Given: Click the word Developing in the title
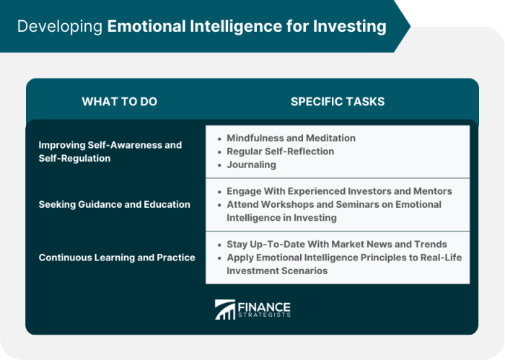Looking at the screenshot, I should tap(59, 27).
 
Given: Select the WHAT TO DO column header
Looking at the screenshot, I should tap(119, 102).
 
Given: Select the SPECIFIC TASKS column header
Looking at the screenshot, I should tap(338, 102).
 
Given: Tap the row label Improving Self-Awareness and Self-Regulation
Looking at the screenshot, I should tap(110, 152).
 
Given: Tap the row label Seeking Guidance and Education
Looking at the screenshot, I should tap(114, 204).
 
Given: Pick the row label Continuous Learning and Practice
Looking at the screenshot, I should tap(117, 257).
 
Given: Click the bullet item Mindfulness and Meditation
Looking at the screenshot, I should tap(291, 138).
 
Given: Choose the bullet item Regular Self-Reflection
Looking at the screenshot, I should tap(280, 151).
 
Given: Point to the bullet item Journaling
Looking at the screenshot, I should tap(251, 164).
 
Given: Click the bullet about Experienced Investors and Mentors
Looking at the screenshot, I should tap(339, 191).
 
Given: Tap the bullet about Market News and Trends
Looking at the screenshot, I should tap(337, 244).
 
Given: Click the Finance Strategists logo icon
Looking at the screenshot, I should tap(225, 309).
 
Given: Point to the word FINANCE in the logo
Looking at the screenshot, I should tap(263, 305).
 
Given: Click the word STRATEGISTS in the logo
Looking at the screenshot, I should tap(264, 315).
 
